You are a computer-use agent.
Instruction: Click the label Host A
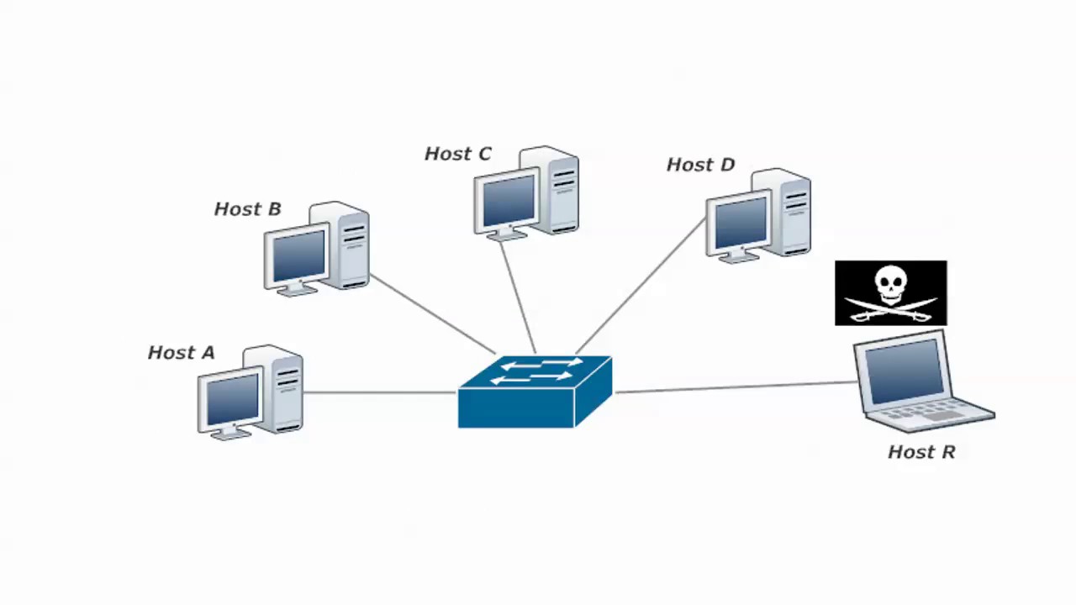click(181, 353)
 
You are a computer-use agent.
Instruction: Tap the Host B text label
click(247, 209)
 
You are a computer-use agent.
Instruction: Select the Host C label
click(457, 154)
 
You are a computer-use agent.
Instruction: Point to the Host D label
click(700, 165)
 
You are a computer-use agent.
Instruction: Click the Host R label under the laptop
click(921, 452)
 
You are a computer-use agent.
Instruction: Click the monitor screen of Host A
click(232, 399)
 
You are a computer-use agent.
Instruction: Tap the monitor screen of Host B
click(298, 255)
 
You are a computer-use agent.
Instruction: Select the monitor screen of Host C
click(508, 201)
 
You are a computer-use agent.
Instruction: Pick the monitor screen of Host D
click(740, 222)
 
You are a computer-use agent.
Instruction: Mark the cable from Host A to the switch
click(378, 392)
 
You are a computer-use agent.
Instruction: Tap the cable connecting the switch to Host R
click(736, 387)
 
